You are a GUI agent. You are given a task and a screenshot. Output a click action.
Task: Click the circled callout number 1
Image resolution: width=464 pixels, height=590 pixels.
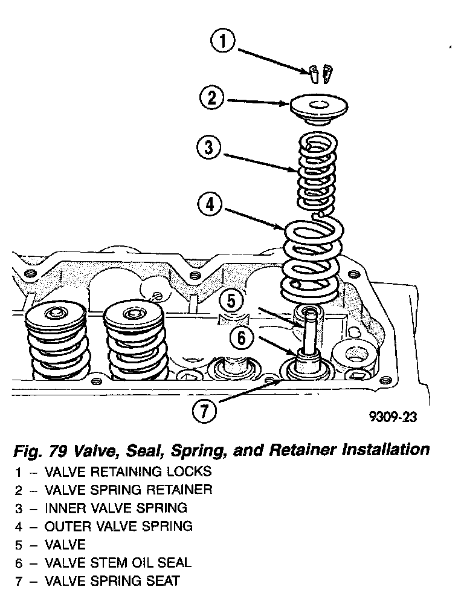click(x=223, y=42)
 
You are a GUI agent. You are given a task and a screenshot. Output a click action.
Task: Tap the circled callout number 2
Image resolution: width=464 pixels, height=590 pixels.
click(x=211, y=98)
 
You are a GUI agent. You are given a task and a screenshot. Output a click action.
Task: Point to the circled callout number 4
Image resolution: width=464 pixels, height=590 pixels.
click(x=209, y=205)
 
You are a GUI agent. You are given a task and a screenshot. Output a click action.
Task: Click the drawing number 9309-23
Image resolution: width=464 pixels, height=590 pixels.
click(x=393, y=417)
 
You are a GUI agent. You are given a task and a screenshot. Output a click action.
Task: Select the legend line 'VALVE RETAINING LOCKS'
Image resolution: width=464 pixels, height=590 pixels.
click(x=128, y=472)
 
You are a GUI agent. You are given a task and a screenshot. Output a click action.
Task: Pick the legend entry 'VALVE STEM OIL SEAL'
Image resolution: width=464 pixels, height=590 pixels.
click(x=118, y=562)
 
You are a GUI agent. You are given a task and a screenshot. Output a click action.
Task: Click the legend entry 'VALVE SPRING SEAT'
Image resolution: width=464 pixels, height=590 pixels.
click(x=112, y=580)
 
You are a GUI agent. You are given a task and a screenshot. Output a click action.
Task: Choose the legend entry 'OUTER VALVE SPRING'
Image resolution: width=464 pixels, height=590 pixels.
click(x=118, y=526)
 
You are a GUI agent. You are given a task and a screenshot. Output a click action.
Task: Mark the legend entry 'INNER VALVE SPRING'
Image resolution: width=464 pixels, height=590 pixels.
click(x=116, y=508)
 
